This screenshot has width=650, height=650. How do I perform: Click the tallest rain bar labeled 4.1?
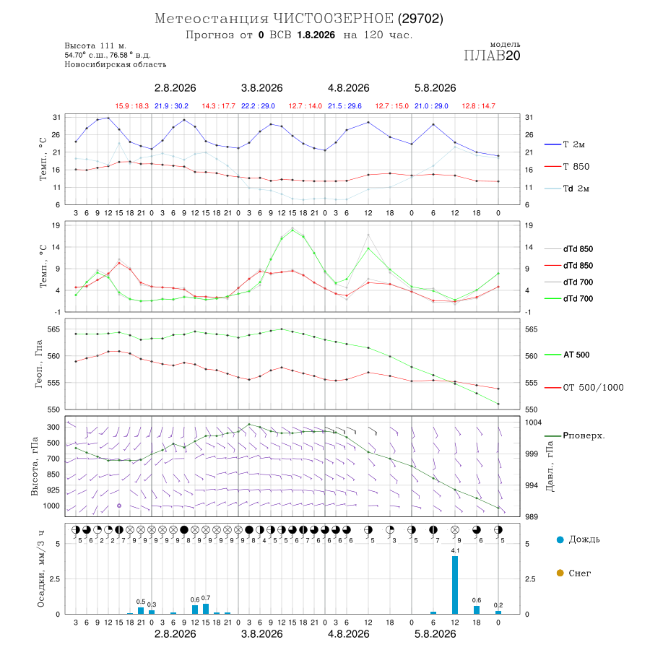click(x=455, y=584)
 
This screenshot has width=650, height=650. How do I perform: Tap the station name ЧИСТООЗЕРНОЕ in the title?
click(x=333, y=19)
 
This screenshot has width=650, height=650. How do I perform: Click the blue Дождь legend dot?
click(x=560, y=539)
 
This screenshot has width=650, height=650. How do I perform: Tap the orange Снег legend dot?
click(x=560, y=573)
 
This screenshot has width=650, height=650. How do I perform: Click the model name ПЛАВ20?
click(x=492, y=56)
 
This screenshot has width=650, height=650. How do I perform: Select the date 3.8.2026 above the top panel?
click(x=261, y=88)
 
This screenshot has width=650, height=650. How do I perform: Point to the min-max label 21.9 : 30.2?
click(x=171, y=106)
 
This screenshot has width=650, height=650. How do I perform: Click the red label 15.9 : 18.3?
click(x=132, y=106)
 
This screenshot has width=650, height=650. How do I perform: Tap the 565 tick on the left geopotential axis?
click(x=54, y=329)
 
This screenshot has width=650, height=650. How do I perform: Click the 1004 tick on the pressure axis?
click(x=533, y=422)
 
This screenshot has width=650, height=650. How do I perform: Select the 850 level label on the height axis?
click(x=53, y=474)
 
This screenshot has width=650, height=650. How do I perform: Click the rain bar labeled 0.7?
click(x=206, y=609)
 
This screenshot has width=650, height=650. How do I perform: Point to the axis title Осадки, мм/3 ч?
click(x=40, y=569)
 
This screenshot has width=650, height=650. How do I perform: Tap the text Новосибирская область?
click(x=116, y=65)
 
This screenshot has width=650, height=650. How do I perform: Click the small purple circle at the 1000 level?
click(x=119, y=506)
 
